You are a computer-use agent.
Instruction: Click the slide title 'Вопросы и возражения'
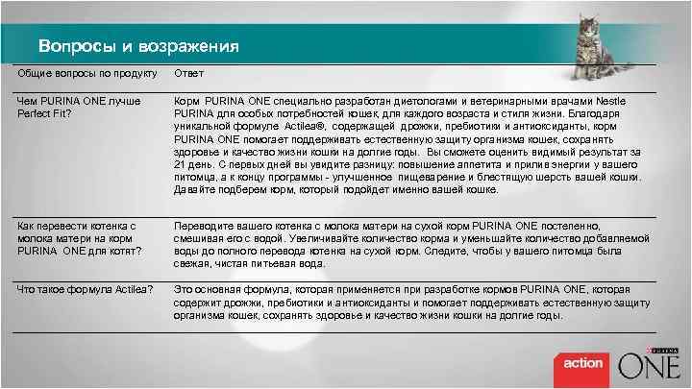click(138, 46)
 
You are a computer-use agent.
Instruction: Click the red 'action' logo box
click(582, 363)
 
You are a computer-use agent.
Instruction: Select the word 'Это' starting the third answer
click(183, 289)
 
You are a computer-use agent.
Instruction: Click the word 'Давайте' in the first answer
click(194, 188)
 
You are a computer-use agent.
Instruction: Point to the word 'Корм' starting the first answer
click(186, 101)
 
